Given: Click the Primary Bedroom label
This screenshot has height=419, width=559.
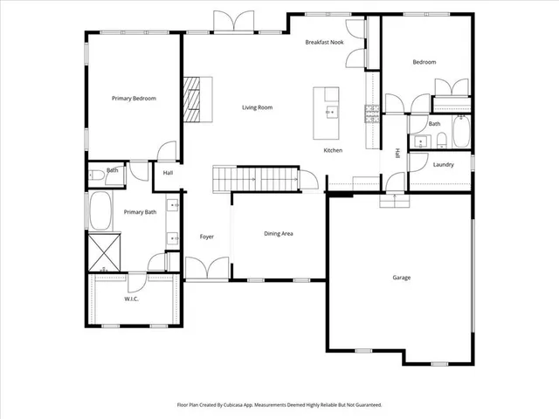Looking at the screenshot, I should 134,99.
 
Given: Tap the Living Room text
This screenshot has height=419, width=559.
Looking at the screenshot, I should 258,107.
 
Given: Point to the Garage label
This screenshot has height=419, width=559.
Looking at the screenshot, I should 401,278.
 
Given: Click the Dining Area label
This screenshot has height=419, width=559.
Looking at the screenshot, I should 279,234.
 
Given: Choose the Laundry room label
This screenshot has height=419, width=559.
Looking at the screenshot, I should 442,164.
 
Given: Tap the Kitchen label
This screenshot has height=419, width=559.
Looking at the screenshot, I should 333,150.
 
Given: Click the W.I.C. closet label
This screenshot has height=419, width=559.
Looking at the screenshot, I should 132,299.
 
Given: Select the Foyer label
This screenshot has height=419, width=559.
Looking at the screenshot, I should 207,237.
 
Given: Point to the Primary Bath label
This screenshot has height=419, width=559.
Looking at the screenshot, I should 140,212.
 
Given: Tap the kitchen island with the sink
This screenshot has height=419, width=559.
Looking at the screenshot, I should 330,112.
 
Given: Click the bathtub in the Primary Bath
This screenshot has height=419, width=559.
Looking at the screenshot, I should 99,211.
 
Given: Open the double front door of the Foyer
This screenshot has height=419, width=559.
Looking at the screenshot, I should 207,270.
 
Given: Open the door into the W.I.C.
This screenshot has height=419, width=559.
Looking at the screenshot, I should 136,282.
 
